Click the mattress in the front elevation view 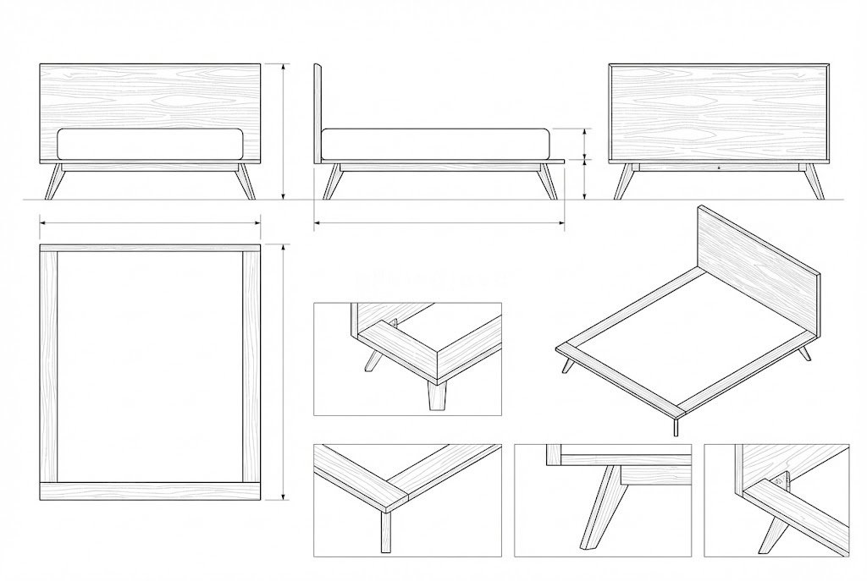point(150,145)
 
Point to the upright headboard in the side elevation point(318,110)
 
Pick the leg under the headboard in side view point(334,181)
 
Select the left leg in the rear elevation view point(626,181)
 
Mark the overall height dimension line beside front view point(284,131)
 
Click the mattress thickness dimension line point(585,143)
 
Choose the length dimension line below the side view point(439,223)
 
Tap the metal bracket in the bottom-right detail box point(780,482)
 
